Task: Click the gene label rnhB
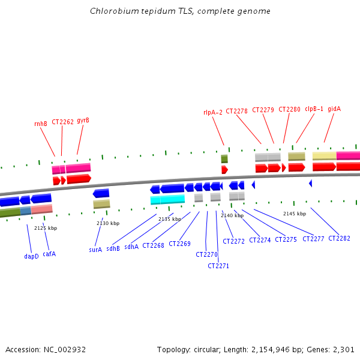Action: [41, 124]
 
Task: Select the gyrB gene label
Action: [83, 120]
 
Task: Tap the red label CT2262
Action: [62, 122]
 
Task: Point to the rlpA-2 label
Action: [213, 112]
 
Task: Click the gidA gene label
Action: [334, 109]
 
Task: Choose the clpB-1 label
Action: [314, 109]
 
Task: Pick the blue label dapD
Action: [31, 256]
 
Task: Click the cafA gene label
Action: [49, 254]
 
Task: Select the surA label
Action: [95, 250]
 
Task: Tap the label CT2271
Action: [218, 266]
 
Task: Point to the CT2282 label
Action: [339, 238]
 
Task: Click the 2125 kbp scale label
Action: [46, 228]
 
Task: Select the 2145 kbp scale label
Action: [295, 214]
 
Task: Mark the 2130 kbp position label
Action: [108, 223]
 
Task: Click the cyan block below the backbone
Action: [167, 200]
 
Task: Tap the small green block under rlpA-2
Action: [224, 158]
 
